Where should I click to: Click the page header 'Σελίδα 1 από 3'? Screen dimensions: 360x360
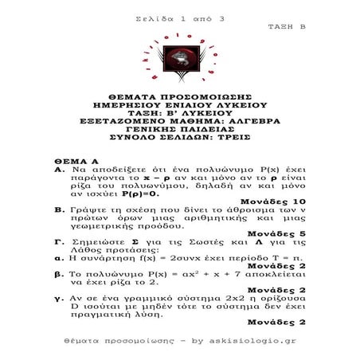180,17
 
